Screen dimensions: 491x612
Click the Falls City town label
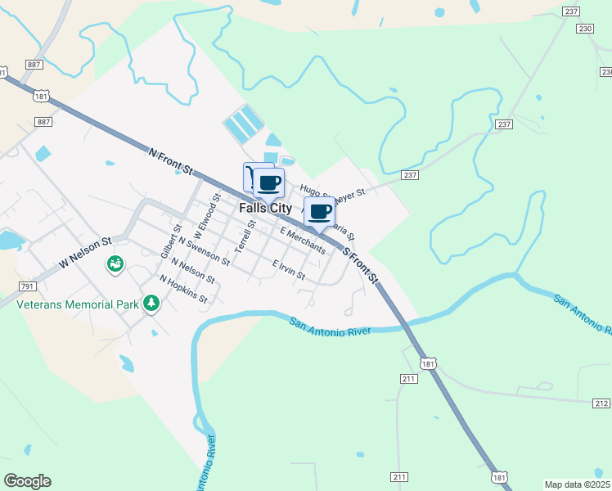point(265,209)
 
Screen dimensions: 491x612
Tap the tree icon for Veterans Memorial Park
point(151,304)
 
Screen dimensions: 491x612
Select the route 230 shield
point(584,29)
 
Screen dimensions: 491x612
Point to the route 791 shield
point(27,286)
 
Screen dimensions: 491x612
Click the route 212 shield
point(601,403)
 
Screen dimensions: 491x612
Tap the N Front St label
point(170,161)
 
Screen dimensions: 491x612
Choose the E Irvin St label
point(289,271)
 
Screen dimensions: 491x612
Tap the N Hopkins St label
point(183,290)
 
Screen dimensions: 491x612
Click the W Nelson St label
point(84,255)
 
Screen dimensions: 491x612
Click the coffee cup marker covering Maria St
point(319,212)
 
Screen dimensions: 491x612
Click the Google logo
point(27,481)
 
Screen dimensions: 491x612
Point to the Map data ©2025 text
point(578,484)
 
